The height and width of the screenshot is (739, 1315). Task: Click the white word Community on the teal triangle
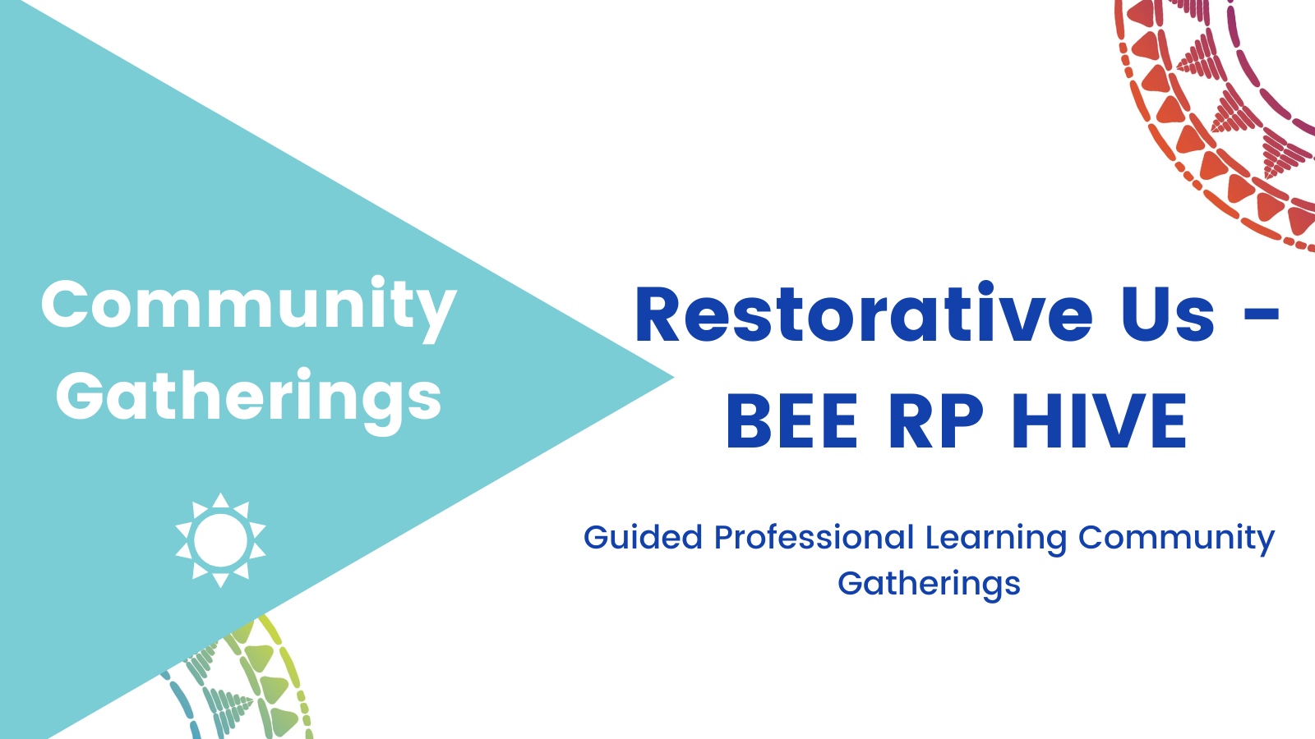(x=249, y=309)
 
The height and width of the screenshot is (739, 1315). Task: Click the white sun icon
(x=221, y=540)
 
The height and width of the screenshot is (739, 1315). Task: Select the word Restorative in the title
(x=864, y=313)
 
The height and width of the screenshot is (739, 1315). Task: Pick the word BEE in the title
(x=792, y=421)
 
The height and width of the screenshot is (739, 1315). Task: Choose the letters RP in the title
(x=936, y=421)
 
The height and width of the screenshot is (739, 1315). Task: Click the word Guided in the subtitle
(x=643, y=537)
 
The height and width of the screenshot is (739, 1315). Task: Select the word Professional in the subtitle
(x=814, y=537)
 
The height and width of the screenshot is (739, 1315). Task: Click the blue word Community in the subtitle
(x=1176, y=539)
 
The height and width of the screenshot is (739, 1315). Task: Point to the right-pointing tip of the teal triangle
(x=674, y=378)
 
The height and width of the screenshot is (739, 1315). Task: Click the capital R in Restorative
(x=657, y=313)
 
